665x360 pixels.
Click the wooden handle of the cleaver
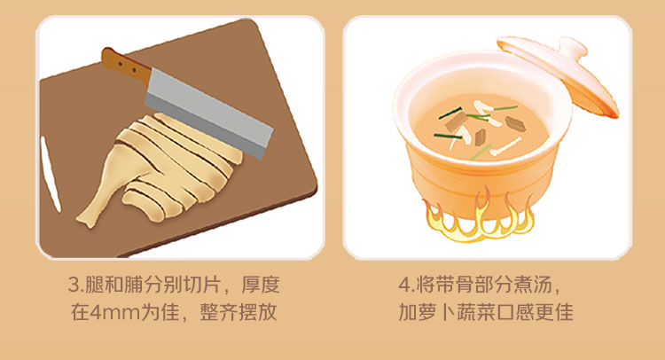[x=126, y=67]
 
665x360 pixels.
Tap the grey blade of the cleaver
[x=208, y=113]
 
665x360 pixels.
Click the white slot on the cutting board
[x=51, y=174]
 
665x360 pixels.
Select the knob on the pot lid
[x=572, y=48]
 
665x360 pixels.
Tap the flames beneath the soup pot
[x=479, y=217]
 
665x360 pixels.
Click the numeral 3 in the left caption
[x=74, y=285]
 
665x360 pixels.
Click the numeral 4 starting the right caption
[x=404, y=285]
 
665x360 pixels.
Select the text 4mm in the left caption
[x=114, y=313]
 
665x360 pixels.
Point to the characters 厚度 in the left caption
[x=261, y=285]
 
